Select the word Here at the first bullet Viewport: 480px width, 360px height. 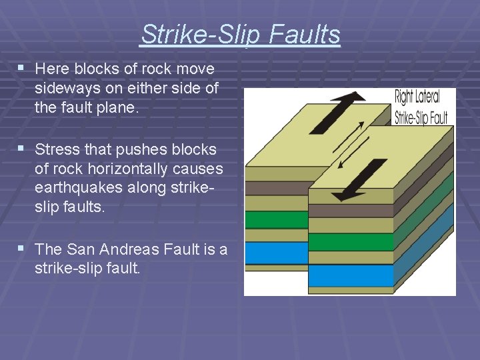(x=51, y=69)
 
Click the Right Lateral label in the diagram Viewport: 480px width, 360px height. (x=417, y=97)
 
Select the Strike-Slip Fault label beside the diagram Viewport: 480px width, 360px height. (x=421, y=118)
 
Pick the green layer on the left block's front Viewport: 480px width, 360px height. (x=276, y=220)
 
